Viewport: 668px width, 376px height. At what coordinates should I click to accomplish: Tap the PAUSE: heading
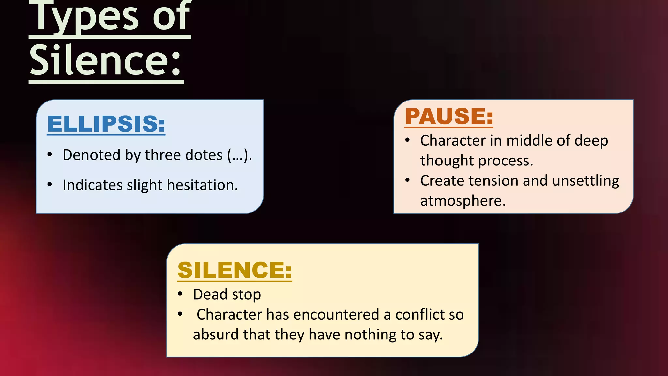pos(449,116)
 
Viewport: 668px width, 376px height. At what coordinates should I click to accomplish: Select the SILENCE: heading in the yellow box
pos(235,270)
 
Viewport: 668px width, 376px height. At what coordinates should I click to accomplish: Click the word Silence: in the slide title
pos(105,60)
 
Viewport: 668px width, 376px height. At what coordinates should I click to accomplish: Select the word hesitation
pos(202,185)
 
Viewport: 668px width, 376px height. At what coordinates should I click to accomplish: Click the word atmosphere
pos(463,201)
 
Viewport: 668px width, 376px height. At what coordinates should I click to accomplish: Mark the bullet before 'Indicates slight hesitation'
pos(50,185)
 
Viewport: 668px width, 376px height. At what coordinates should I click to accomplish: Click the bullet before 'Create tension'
pos(407,180)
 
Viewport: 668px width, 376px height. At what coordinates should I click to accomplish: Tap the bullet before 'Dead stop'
pos(180,294)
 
